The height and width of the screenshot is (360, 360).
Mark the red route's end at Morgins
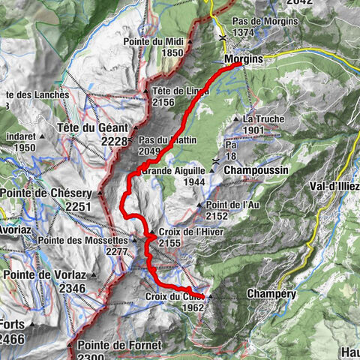click(x=240, y=64)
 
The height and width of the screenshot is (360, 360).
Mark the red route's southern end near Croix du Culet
click(x=202, y=297)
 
